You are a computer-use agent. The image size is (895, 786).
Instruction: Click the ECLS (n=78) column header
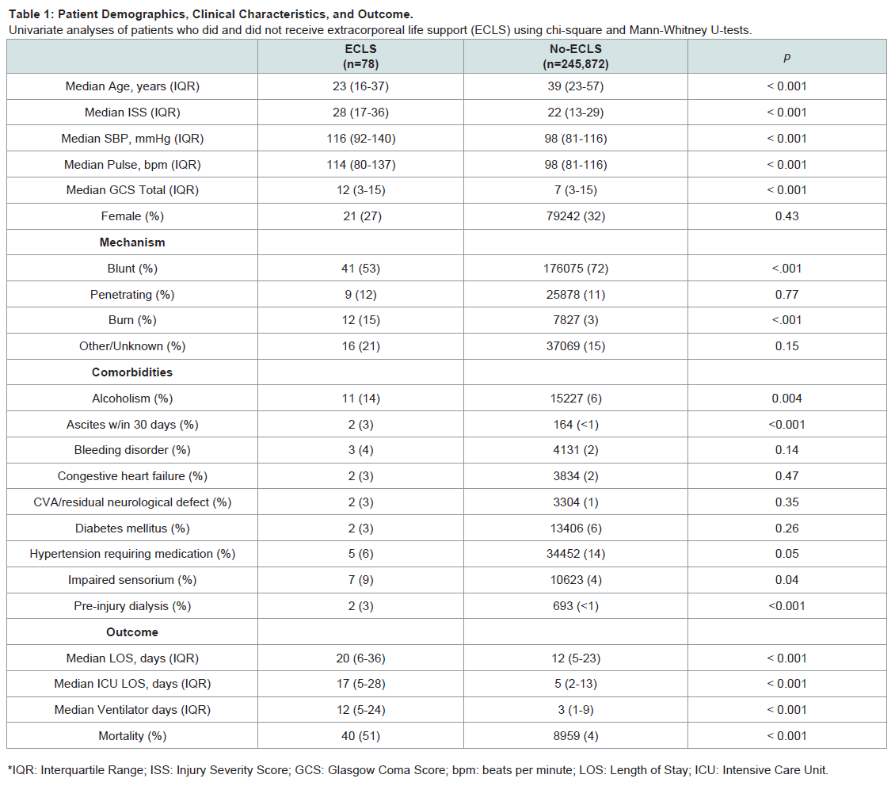pos(360,56)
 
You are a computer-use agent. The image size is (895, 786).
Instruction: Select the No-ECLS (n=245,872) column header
pos(575,56)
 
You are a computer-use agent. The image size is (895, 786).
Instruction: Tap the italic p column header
pos(786,56)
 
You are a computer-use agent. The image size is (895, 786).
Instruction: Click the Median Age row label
pos(132,86)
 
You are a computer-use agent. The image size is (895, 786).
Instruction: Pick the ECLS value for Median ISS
pos(360,113)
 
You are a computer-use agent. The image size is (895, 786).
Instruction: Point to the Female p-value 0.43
pos(786,216)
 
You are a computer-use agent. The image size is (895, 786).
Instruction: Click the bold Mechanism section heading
pos(132,242)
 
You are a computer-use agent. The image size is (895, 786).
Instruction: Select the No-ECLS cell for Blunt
pos(575,269)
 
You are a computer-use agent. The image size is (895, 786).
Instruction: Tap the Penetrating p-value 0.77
pos(786,295)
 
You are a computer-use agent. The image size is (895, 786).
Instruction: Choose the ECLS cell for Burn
pos(360,320)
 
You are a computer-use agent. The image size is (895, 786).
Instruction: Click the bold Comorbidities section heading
pos(132,372)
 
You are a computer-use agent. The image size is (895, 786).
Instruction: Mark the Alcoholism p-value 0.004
pos(786,399)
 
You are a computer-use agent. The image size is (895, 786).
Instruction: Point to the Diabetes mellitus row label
pos(132,528)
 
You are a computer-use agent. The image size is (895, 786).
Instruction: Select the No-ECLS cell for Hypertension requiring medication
pos(575,554)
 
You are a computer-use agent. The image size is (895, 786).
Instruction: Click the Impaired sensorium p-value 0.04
pos(786,580)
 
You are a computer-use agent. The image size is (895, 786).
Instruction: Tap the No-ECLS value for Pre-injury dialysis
pos(575,606)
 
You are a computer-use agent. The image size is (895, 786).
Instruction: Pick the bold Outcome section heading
pos(132,632)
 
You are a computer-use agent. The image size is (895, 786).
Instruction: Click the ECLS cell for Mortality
pos(360,736)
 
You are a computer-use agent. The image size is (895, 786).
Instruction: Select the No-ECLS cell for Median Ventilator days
pos(575,710)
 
